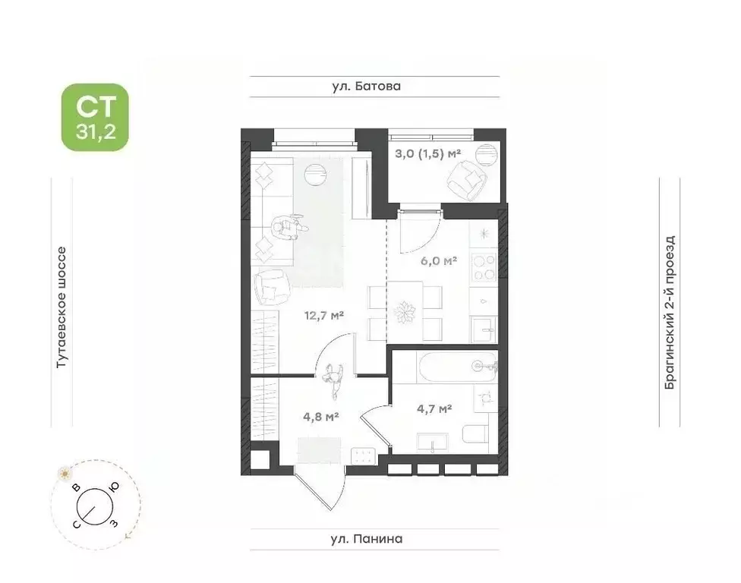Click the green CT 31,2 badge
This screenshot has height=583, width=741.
click(95, 117)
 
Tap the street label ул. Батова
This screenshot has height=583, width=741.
click(366, 86)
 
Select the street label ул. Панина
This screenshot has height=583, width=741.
click(367, 538)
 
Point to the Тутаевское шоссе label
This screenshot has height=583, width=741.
click(61, 307)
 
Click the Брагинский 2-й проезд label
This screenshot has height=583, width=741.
click(670, 312)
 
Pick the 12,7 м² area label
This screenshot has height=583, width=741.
click(323, 315)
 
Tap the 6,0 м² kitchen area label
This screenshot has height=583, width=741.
click(439, 260)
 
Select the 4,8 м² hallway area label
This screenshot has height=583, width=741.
click(321, 417)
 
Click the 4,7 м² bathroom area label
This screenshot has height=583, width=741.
click(434, 408)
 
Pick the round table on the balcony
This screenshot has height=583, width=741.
click(486, 154)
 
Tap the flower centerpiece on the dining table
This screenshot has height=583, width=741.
click(404, 312)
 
